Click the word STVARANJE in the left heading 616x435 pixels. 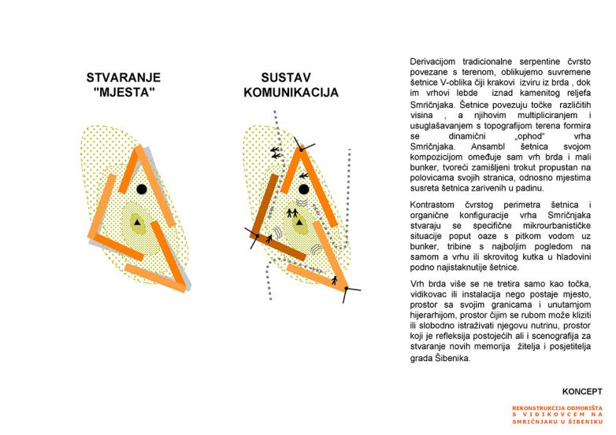pyautogui.click(x=124, y=78)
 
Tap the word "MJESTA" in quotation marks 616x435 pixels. pyautogui.click(x=124, y=92)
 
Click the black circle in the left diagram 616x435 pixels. pyautogui.click(x=141, y=189)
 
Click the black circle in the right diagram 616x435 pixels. pyautogui.click(x=303, y=190)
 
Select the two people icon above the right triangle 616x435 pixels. pyautogui.click(x=291, y=212)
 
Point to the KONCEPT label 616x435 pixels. pyautogui.click(x=582, y=391)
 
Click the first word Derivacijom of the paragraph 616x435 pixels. pyautogui.click(x=435, y=61)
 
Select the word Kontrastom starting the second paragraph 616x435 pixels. pyautogui.click(x=434, y=205)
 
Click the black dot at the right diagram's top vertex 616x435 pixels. pyautogui.click(x=299, y=149)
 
